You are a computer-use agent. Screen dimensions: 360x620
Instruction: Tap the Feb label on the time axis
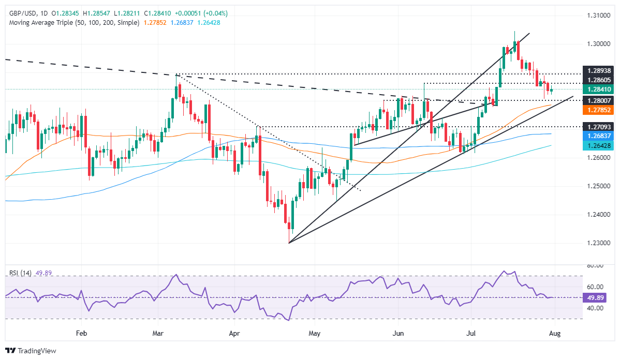pos(81,335)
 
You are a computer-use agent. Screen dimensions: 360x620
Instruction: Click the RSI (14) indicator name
pos(21,273)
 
